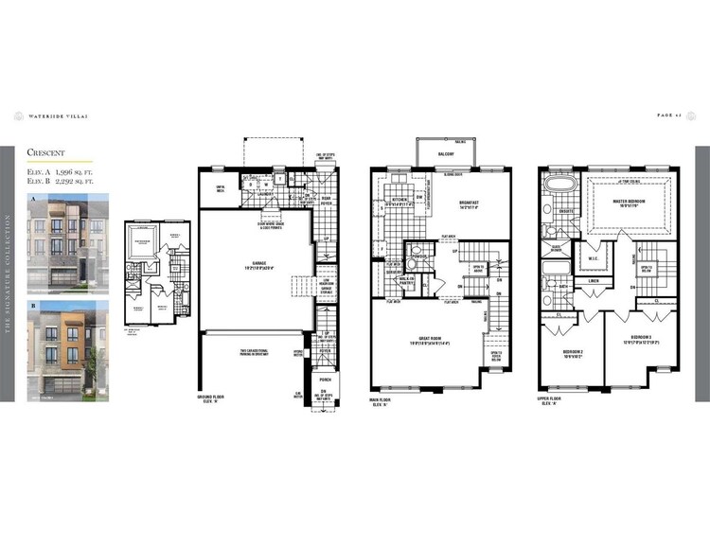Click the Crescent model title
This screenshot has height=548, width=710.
point(45,151)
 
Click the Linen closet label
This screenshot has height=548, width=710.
point(594,280)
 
